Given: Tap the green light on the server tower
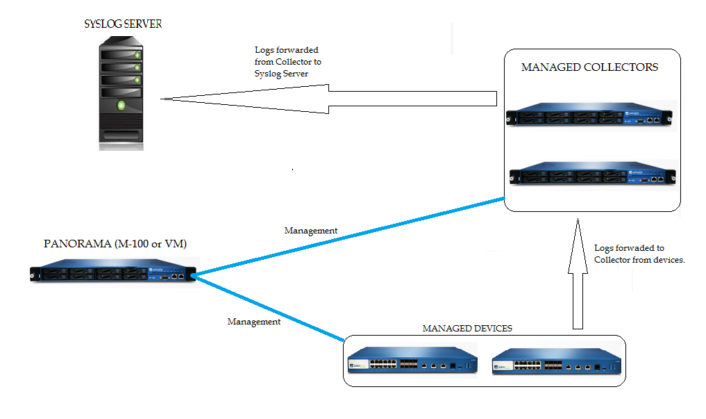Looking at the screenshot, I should [122, 106].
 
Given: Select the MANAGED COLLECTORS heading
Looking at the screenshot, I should [589, 67].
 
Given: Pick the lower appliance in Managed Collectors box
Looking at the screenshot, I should [591, 174].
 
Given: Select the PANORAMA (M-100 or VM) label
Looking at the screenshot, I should [115, 244].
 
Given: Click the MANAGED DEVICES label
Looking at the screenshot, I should [467, 328].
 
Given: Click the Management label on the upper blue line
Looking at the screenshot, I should [311, 230].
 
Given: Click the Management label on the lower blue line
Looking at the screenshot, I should [254, 322].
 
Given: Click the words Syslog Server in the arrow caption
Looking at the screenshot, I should [281, 74].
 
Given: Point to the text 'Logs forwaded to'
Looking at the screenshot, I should [629, 247].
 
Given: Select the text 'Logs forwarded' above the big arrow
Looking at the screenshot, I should [287, 51].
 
